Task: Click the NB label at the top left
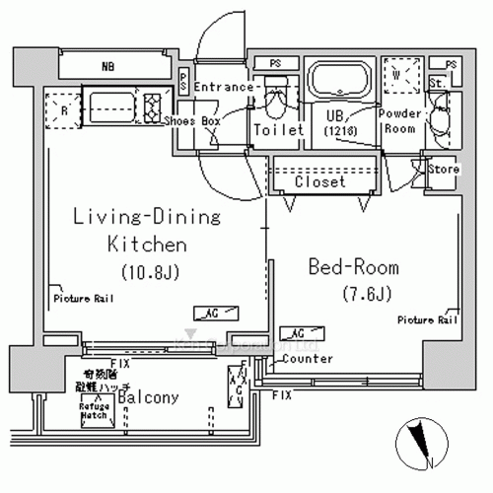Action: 106,68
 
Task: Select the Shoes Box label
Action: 192,120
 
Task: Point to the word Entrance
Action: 226,88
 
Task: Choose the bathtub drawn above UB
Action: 338,80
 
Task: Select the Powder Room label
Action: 401,121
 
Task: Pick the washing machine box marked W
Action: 401,77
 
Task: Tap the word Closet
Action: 319,182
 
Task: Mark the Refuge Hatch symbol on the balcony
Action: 95,413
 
